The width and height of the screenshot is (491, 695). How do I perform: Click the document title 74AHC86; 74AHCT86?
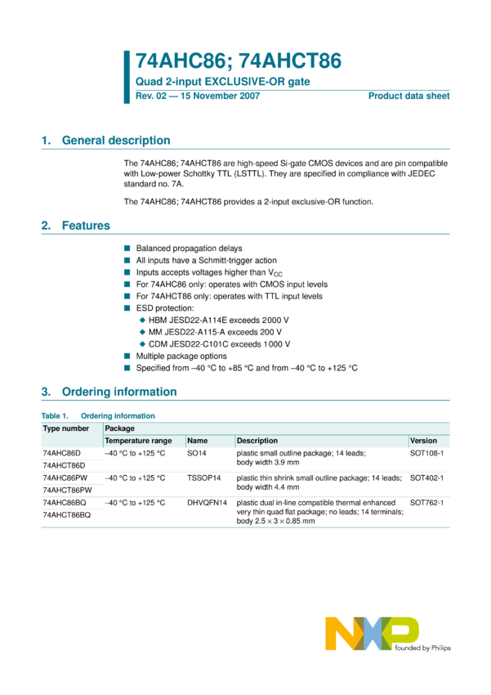point(238,61)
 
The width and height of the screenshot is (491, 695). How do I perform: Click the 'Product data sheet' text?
point(408,96)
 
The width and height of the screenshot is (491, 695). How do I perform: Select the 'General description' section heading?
point(116,141)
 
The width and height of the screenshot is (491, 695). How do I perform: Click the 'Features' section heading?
point(86,226)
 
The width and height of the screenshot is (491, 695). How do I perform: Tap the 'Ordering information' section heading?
point(119,392)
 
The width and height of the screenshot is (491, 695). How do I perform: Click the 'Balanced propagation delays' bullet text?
point(189,248)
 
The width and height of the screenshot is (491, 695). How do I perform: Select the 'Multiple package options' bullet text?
point(181,356)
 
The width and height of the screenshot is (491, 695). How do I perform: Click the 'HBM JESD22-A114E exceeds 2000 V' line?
point(219,320)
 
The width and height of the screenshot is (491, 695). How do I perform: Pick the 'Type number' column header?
point(66,428)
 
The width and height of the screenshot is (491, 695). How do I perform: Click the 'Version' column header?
point(423,441)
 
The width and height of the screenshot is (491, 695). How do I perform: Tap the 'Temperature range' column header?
point(138,441)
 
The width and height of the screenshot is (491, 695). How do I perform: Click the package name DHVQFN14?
point(207,503)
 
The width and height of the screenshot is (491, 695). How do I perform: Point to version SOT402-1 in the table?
point(426,478)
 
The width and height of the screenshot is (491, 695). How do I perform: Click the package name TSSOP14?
point(203,478)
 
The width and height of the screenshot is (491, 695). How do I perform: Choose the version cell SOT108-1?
point(426,452)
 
